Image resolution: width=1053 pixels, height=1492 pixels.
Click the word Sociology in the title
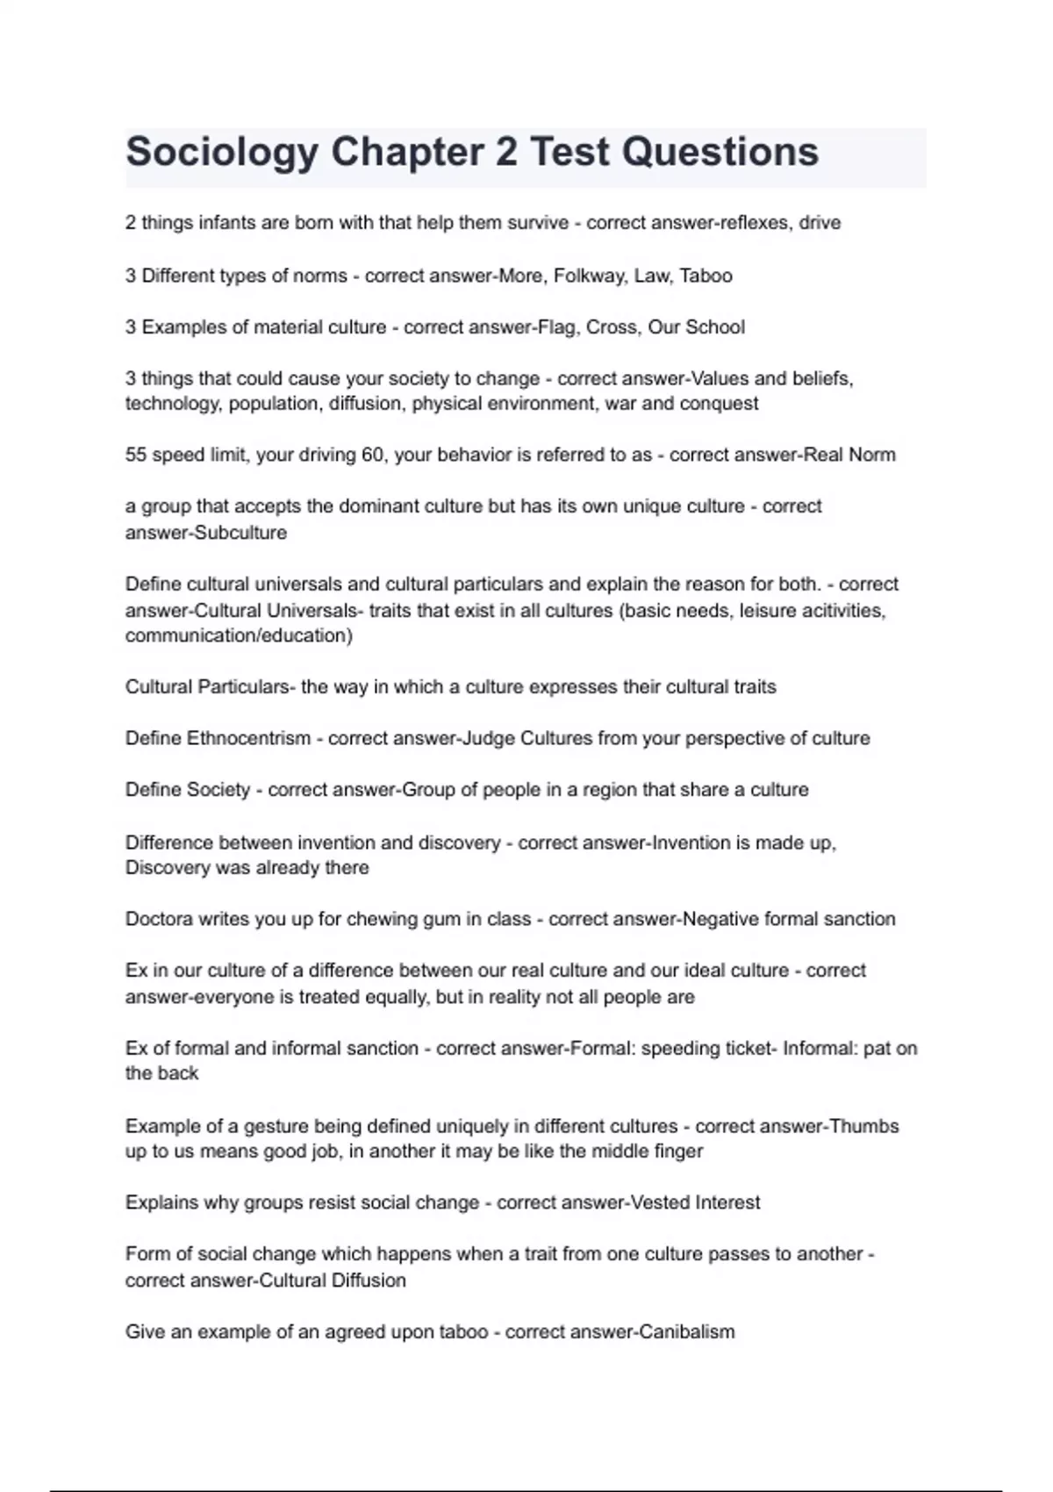point(222,153)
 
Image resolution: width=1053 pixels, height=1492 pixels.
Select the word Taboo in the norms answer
point(706,276)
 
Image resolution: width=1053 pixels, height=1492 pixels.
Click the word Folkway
point(590,276)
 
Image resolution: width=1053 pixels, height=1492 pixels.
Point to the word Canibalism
point(687,1331)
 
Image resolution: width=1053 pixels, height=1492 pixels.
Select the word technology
point(173,404)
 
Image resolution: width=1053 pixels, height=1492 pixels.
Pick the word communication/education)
point(239,635)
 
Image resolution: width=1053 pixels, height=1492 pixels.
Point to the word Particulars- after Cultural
point(245,686)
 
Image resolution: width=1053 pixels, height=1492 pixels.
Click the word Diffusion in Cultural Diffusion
point(369,1280)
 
